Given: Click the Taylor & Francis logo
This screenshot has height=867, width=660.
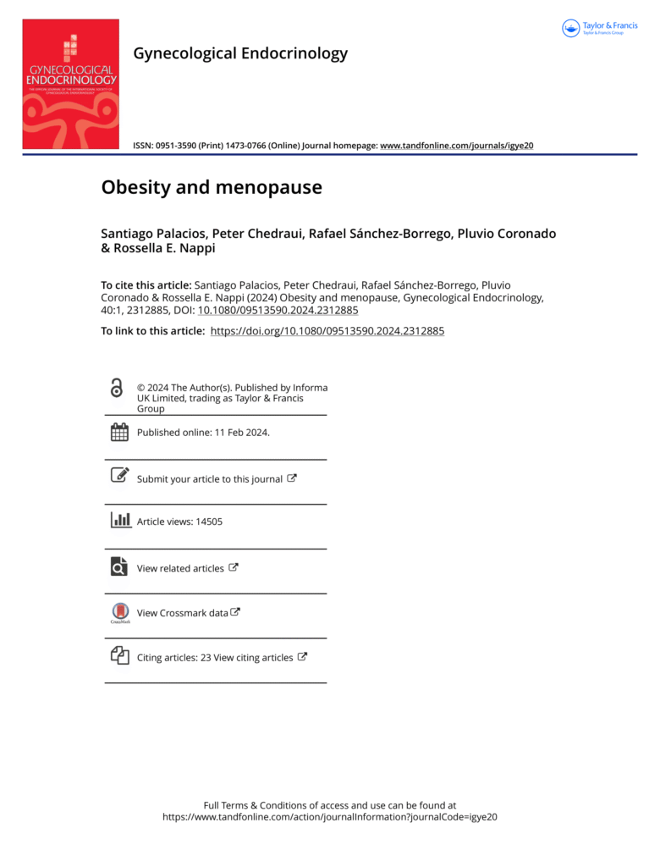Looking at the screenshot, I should [600, 28].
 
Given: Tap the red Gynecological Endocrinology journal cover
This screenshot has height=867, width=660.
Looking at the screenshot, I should [70, 85].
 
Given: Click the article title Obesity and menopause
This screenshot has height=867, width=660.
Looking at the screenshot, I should [212, 187].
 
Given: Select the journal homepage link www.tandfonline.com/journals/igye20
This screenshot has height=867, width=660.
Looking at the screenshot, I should [457, 146].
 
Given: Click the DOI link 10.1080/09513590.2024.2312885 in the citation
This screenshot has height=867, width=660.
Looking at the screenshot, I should [278, 310].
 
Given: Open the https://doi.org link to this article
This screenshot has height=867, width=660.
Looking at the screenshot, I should [327, 331].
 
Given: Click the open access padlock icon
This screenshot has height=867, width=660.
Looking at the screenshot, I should [118, 389].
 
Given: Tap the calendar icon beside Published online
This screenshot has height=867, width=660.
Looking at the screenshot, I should [119, 432].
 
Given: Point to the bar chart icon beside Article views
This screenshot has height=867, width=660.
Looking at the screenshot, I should [120, 520].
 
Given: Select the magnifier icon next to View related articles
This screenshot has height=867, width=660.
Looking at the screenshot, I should [119, 566].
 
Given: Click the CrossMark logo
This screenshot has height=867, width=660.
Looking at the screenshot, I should [120, 612].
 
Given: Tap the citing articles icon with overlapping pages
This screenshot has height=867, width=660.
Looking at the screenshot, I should [119, 655].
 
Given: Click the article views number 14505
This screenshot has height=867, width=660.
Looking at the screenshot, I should [209, 522].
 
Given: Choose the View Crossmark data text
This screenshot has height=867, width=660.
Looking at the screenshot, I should [183, 613].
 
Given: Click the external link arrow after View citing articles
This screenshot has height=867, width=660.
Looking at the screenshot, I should [303, 656].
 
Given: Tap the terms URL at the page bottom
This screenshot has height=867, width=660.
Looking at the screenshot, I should [330, 818].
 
